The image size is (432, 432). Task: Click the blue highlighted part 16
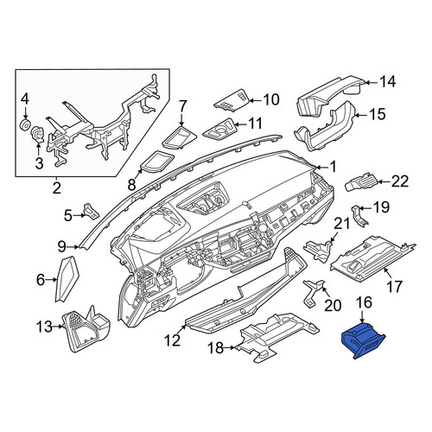pyautogui.click(x=363, y=340)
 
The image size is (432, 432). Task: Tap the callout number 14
pyautogui.click(x=387, y=82)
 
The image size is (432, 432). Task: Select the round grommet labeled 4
pyautogui.click(x=25, y=125)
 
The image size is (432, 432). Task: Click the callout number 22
pyautogui.click(x=399, y=181)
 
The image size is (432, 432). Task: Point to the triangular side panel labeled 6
pyautogui.click(x=67, y=278)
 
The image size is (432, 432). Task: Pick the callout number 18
pyautogui.click(x=215, y=348)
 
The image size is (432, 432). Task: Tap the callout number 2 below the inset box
pyautogui.click(x=57, y=188)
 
